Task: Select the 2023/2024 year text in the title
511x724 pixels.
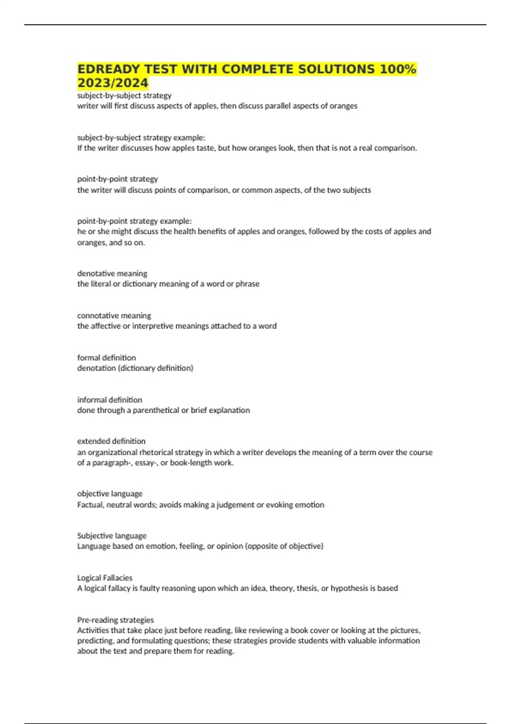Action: pyautogui.click(x=113, y=83)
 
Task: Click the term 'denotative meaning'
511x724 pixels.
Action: pyautogui.click(x=112, y=273)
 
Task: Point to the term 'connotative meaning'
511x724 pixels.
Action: pyautogui.click(x=114, y=316)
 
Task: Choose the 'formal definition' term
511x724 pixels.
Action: pyautogui.click(x=106, y=358)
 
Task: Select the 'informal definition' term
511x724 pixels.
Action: pyautogui.click(x=109, y=400)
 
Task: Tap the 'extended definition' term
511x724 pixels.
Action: pyautogui.click(x=111, y=441)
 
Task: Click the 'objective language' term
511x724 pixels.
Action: pyautogui.click(x=110, y=494)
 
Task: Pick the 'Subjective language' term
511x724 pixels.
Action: pyautogui.click(x=112, y=536)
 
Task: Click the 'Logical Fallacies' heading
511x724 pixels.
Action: pyautogui.click(x=105, y=578)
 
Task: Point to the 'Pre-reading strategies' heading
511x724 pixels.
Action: pyautogui.click(x=115, y=620)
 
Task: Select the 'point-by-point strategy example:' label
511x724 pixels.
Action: pyautogui.click(x=135, y=221)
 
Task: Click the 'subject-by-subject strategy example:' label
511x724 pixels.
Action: pyautogui.click(x=141, y=138)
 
